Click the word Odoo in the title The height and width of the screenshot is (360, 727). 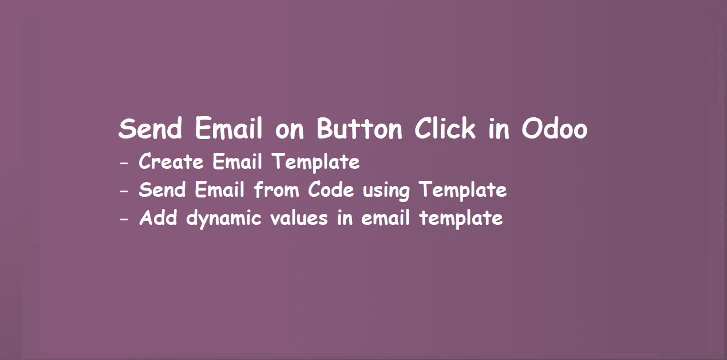coord(554,129)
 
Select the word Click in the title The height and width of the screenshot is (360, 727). coord(445,129)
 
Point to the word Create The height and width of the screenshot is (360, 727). coord(171,162)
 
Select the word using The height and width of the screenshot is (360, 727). coord(386,191)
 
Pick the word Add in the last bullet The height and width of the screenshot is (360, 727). coord(158,218)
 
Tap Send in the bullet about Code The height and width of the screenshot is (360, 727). coord(163,189)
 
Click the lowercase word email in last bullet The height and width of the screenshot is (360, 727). coord(386,218)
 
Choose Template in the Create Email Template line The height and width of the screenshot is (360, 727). coord(316,163)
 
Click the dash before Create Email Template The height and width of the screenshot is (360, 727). coord(124,164)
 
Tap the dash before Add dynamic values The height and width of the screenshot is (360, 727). coord(124,220)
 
